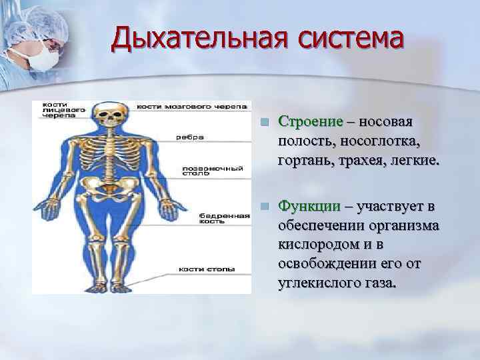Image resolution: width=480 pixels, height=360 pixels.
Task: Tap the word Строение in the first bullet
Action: [310, 122]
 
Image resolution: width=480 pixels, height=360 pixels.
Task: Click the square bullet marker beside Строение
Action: [264, 123]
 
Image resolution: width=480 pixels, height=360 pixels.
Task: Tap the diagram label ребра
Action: [190, 137]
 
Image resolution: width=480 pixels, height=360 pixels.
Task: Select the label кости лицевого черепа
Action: [63, 109]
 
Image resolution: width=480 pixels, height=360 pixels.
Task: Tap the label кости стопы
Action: [207, 269]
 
